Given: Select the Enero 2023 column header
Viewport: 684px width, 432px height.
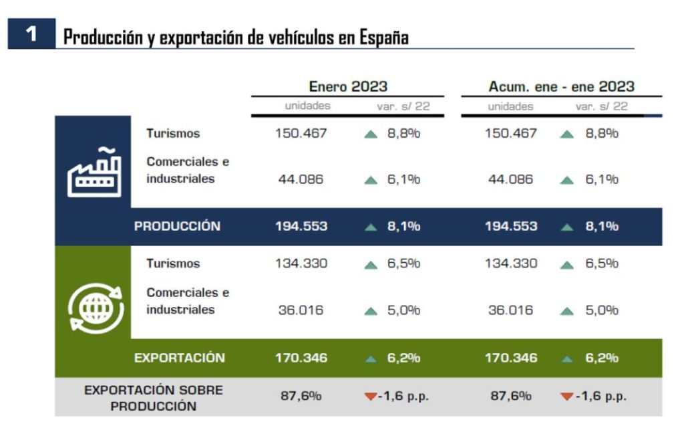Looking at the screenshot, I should tap(348, 86).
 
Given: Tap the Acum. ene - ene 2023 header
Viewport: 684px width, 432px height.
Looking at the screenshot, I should tap(561, 86).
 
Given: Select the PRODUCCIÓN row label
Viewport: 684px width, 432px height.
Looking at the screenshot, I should tap(177, 226).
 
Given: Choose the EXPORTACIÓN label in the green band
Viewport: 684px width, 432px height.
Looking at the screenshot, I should tap(180, 358).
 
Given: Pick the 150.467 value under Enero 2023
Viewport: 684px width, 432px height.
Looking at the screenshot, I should tap(301, 133).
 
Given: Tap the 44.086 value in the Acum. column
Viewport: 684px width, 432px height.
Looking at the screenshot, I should tap(510, 179).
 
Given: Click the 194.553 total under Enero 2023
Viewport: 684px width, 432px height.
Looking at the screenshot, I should tap(301, 226).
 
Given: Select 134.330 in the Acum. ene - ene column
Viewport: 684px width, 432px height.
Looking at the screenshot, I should tap(511, 263).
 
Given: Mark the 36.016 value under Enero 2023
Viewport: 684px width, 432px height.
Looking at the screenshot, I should tap(301, 310).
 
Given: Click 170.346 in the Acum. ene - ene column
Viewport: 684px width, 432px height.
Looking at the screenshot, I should tap(511, 358).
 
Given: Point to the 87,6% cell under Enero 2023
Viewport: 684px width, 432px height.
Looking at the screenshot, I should tap(301, 396).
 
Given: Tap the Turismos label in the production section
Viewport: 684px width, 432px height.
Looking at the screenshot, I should tap(173, 133).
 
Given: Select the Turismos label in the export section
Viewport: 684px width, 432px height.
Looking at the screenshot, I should tap(173, 263).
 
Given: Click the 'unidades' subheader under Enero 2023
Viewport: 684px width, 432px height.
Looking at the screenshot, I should tap(307, 106).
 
